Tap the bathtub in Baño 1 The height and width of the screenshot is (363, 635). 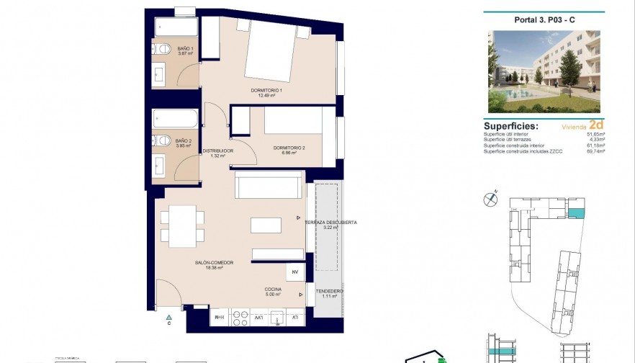[x=176, y=28]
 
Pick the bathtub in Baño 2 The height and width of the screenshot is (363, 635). [x=176, y=119]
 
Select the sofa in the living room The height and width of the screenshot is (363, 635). [x=268, y=186]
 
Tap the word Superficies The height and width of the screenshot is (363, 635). [x=512, y=125]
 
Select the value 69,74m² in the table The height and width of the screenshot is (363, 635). [x=595, y=151]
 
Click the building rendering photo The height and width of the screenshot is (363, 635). [x=544, y=71]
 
